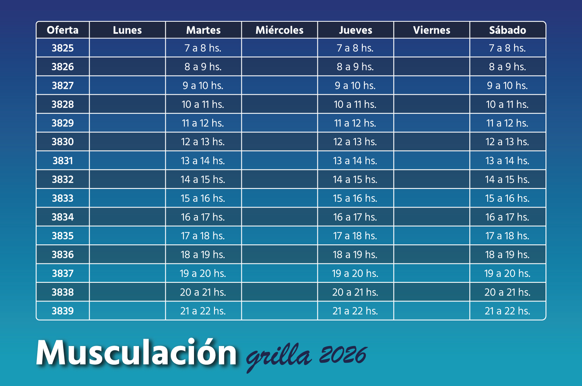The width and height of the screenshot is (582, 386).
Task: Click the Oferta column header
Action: pos(62,30)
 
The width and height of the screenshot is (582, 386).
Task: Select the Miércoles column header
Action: pos(279,30)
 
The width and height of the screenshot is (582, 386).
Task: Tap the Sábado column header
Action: pos(508,30)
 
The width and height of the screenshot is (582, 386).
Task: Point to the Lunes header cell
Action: pos(127,30)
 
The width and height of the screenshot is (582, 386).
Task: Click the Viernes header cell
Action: pos(431,30)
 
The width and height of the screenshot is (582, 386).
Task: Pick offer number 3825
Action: pos(62,48)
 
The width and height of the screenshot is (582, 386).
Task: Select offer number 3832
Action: pos(62,180)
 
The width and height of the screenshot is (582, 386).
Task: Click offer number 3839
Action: pos(62,311)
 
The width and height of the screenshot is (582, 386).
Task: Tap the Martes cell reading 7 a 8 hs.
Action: pos(203,48)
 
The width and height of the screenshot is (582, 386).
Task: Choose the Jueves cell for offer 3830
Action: pos(355,142)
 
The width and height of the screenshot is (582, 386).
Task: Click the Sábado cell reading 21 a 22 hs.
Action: pos(507,311)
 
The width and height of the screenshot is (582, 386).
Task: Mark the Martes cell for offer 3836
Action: pos(203,255)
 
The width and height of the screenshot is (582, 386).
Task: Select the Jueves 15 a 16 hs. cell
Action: pos(355,198)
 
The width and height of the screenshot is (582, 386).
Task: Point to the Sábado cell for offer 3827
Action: pos(507,86)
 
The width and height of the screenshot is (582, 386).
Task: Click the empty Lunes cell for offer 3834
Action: pos(127,217)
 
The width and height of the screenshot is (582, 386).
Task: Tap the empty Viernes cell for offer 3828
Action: pos(431,104)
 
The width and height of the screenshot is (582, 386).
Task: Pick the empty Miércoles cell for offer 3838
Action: pos(279,292)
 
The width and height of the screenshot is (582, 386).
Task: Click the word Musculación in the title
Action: pos(136,353)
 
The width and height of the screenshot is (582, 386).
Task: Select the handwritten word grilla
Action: pos(279,357)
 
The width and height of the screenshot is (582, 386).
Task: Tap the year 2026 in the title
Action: pos(343,355)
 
